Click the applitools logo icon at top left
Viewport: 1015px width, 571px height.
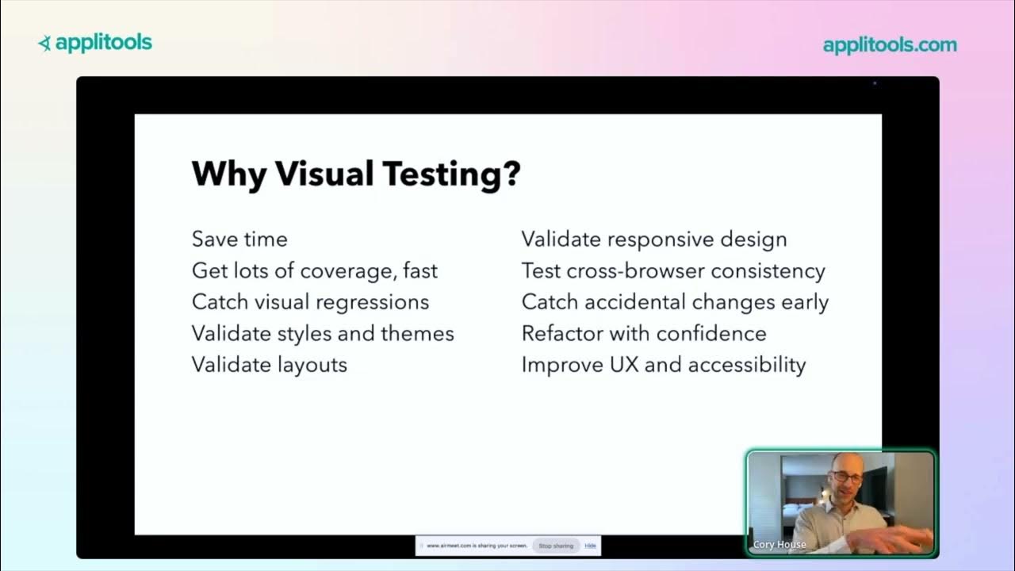(45, 43)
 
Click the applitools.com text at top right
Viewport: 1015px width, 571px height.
(890, 45)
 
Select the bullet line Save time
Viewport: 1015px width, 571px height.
(239, 239)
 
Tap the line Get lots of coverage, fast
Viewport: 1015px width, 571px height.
(314, 270)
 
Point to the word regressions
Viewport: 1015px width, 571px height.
(373, 302)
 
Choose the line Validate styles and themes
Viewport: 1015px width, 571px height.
(323, 333)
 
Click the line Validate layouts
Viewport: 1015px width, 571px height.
(270, 365)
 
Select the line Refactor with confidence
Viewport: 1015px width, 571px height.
(644, 333)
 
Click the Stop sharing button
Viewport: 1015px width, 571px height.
(556, 546)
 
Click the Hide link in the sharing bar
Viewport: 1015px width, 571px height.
(590, 546)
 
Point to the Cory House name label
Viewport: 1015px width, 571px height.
(779, 545)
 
